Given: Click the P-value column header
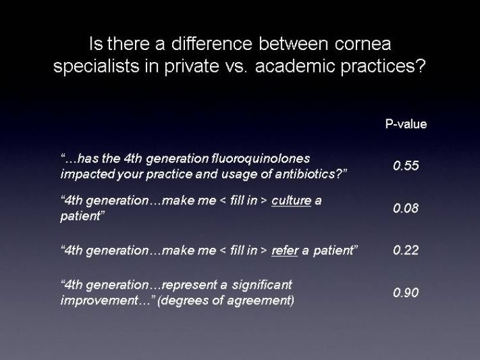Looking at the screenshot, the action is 406,124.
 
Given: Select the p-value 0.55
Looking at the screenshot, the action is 406,166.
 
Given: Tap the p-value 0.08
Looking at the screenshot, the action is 406,208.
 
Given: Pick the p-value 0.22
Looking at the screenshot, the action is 406,250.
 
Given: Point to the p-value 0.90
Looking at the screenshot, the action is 406,293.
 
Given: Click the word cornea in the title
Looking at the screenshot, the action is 363,44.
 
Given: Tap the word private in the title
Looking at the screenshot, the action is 191,67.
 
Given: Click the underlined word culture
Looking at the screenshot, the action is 291,200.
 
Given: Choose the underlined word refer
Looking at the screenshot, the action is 285,250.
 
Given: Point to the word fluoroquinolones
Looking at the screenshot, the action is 260,158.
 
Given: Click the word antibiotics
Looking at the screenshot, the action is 309,174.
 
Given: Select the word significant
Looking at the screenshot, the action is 262,285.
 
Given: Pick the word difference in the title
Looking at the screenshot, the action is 212,44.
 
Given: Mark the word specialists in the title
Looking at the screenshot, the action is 96,67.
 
